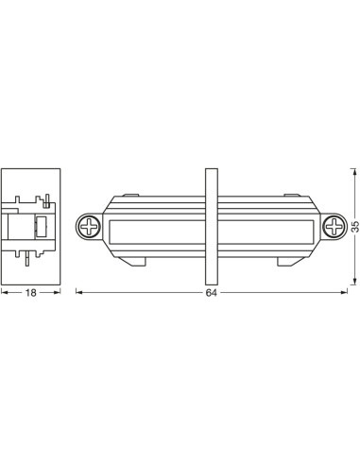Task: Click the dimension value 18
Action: pos(30,294)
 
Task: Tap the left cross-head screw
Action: pos(90,227)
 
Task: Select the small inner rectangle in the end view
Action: pos(41,226)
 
